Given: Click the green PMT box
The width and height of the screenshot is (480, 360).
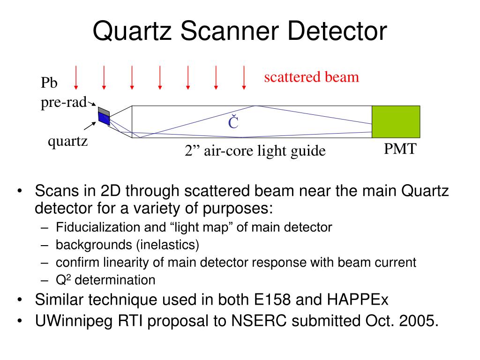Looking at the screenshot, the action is click(396, 121).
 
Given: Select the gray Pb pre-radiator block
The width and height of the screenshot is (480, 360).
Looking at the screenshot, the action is click(104, 112).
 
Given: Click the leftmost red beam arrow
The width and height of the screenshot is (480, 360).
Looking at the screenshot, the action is click(76, 77).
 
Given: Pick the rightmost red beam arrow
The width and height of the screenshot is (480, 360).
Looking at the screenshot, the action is click(244, 77).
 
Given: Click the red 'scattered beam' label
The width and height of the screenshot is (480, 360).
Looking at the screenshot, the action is click(311, 77).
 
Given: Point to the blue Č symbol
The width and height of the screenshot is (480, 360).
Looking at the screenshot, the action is click(233, 123).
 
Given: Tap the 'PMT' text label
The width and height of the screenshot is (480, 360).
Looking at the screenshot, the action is click(400, 150).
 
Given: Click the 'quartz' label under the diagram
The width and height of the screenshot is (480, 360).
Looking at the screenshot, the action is click(68, 141).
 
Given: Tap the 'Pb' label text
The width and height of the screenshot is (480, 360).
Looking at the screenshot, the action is click(49, 83).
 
